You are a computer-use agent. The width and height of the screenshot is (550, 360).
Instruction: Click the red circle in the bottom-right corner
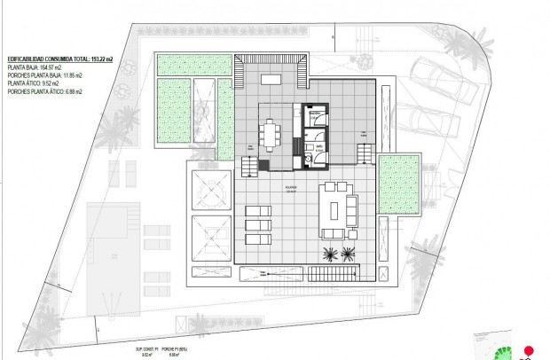[529, 350]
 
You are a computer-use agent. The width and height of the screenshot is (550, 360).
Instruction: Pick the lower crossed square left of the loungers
[209, 235]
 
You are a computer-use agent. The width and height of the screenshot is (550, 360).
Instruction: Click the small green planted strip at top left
[174, 64]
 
